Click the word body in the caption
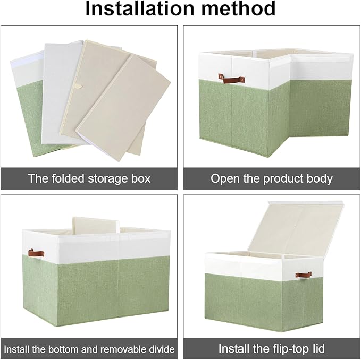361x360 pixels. (x=320, y=178)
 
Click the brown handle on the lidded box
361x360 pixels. (x=304, y=275)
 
